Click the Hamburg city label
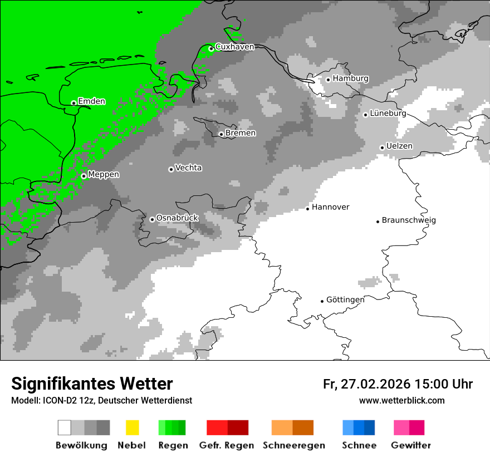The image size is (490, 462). coord(350,78)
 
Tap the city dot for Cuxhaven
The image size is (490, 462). coord(211,48)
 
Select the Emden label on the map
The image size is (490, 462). coord(91,101)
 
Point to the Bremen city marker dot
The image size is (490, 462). coord(221,134)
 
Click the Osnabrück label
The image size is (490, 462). coord(177,218)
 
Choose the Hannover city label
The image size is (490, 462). coord(330,207)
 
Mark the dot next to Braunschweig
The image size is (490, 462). coord(378,221)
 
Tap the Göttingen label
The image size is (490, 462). coord(345,300)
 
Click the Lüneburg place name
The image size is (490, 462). coord(388,114)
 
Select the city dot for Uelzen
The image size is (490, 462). coord(382,148)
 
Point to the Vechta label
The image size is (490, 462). coord(188,168)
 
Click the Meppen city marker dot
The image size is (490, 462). coord(84,176)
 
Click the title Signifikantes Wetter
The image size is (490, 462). coord(92,384)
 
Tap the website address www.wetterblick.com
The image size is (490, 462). coord(401,400)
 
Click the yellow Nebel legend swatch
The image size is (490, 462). coord(132,427)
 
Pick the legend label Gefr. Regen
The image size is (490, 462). coord(227,445)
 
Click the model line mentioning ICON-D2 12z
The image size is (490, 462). coord(101,400)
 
